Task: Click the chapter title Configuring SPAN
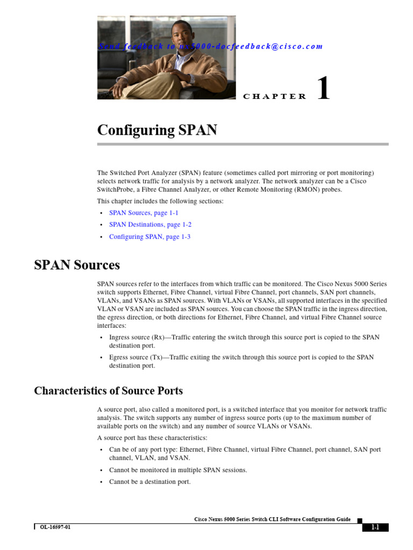click(x=157, y=131)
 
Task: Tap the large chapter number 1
click(x=323, y=89)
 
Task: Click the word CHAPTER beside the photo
click(x=274, y=97)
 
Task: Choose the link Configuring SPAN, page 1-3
click(x=149, y=236)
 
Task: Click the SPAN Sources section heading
click(x=77, y=265)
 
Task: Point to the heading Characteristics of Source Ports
click(x=108, y=390)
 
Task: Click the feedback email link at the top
click(x=210, y=47)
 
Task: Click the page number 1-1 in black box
click(x=374, y=527)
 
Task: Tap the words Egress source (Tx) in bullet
click(x=136, y=357)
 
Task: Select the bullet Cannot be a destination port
click(x=149, y=482)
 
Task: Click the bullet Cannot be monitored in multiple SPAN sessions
click(x=178, y=470)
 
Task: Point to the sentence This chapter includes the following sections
click(x=160, y=201)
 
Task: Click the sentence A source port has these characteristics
click(x=152, y=438)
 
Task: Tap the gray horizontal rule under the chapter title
click(x=243, y=144)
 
